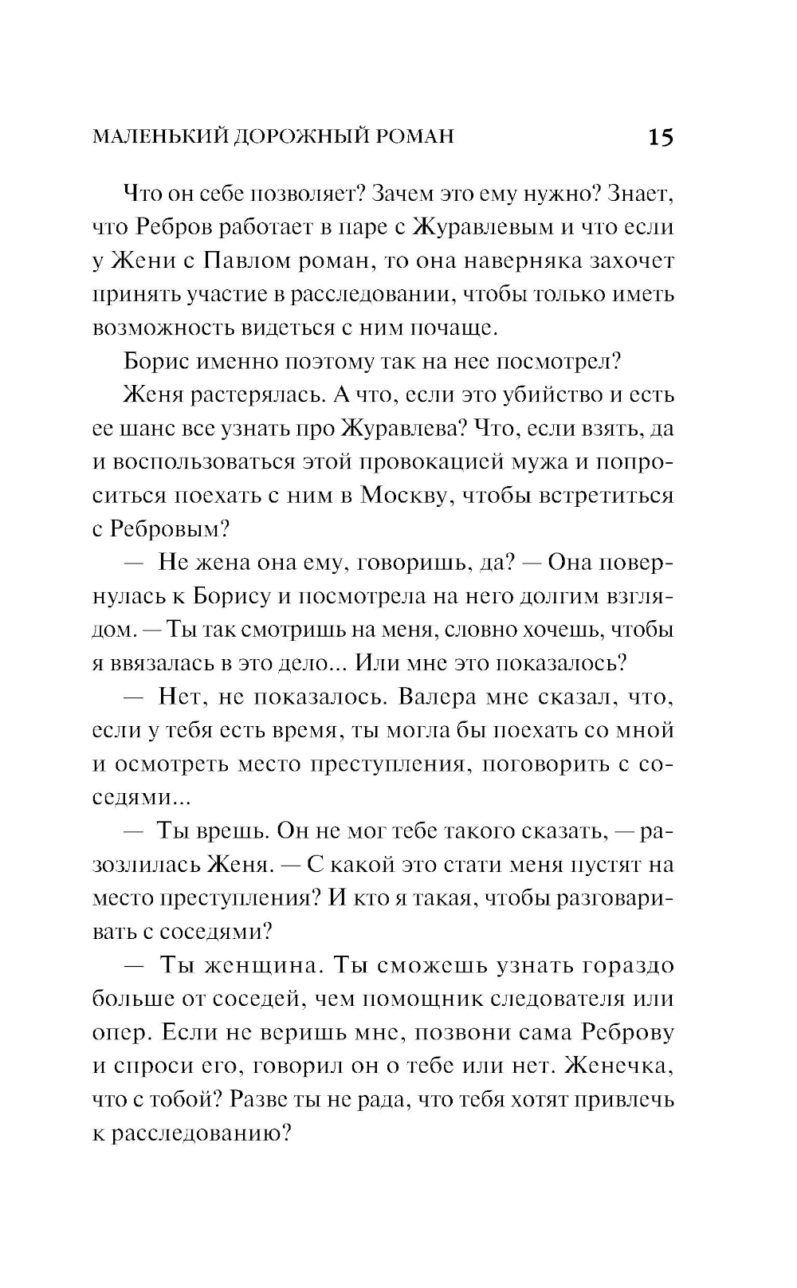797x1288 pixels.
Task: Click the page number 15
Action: click(661, 138)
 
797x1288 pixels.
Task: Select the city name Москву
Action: click(408, 495)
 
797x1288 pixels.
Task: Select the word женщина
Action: click(261, 965)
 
